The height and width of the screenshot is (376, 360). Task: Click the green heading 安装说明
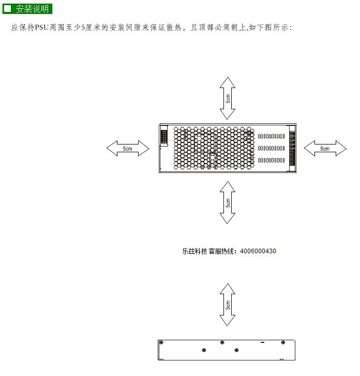(27, 9)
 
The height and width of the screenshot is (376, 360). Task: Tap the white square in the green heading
(8, 9)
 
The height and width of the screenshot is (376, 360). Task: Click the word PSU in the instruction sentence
(42, 27)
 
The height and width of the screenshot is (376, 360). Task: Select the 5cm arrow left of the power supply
(128, 149)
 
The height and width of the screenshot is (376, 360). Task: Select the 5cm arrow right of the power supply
(325, 149)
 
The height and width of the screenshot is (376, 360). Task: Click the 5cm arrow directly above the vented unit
(227, 98)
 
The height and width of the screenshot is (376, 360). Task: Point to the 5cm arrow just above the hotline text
(227, 203)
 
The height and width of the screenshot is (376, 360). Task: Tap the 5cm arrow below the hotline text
(227, 305)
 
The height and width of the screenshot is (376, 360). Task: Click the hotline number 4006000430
(258, 251)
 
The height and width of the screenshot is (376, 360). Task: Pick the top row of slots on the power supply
(272, 136)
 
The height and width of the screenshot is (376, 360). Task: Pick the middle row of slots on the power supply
(272, 148)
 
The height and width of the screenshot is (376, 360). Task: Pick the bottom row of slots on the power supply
(272, 160)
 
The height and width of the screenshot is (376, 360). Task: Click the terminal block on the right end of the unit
(292, 148)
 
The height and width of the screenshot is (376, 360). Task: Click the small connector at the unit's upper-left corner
(164, 136)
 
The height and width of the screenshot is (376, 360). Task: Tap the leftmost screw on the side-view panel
(161, 342)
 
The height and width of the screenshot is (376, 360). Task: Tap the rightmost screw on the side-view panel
(283, 342)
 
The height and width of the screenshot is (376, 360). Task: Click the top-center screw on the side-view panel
(222, 342)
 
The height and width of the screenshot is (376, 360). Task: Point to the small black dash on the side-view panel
(263, 342)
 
